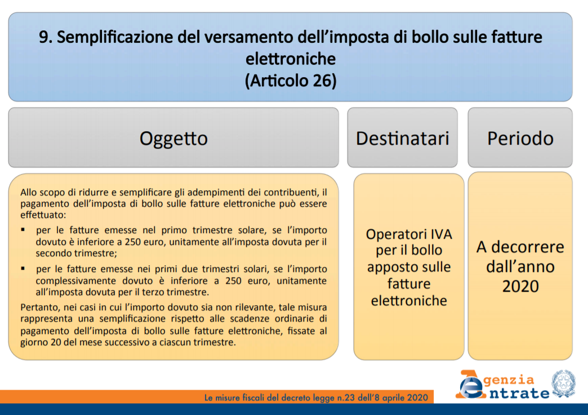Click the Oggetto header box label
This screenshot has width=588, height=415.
(173, 139)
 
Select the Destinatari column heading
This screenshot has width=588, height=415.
(402, 139)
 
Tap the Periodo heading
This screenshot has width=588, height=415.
(520, 139)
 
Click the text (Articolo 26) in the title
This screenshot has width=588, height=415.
(291, 81)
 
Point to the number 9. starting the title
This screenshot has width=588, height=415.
(46, 37)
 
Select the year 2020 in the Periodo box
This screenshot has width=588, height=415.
(520, 287)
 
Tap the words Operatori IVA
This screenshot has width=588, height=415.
(409, 234)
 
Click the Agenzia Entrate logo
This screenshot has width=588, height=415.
(502, 385)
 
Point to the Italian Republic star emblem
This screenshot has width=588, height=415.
(563, 383)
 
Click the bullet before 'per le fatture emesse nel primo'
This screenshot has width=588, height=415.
(23, 230)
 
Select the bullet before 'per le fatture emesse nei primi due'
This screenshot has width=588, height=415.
(23, 269)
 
